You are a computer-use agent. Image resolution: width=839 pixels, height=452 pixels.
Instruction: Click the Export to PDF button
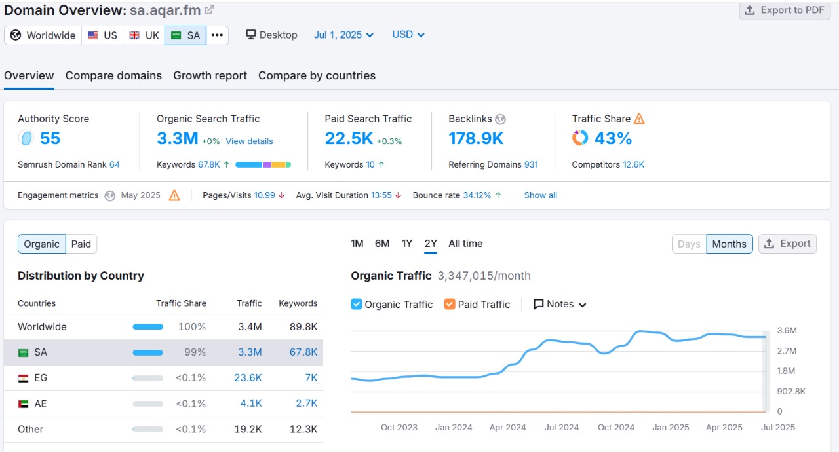coord(785,10)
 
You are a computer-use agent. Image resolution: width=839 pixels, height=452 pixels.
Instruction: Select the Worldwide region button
coord(43,35)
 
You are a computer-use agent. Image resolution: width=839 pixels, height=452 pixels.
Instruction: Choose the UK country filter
coord(144,35)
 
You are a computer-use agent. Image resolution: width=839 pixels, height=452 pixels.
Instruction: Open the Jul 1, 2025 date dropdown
coord(343,35)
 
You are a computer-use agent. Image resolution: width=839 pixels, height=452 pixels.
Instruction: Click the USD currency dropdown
coord(408,35)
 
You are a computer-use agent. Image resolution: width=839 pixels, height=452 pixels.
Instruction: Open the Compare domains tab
coord(113,75)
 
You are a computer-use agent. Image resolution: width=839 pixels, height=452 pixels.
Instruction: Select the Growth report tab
coord(210,75)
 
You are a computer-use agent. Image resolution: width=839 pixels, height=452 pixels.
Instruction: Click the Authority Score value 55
coord(50,138)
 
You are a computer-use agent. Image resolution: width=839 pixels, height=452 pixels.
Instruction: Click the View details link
coord(249,141)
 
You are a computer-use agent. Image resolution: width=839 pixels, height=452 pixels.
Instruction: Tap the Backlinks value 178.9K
coord(476,138)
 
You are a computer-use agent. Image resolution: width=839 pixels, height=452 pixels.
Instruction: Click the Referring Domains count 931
coord(530,164)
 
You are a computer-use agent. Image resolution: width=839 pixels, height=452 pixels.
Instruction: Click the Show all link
coord(540,195)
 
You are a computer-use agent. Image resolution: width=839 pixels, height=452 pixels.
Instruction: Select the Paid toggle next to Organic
coord(81,244)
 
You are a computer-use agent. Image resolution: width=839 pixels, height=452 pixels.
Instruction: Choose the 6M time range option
coord(382,244)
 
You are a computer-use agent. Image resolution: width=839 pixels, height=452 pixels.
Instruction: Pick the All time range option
coord(465,244)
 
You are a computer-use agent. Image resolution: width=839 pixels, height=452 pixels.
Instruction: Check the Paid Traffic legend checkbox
coord(450,304)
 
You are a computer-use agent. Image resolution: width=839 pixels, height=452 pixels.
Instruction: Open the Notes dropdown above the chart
coord(559,304)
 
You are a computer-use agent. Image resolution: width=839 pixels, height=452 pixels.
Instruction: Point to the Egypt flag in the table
coord(24,378)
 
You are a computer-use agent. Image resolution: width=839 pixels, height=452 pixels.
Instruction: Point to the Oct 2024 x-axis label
coord(615,427)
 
